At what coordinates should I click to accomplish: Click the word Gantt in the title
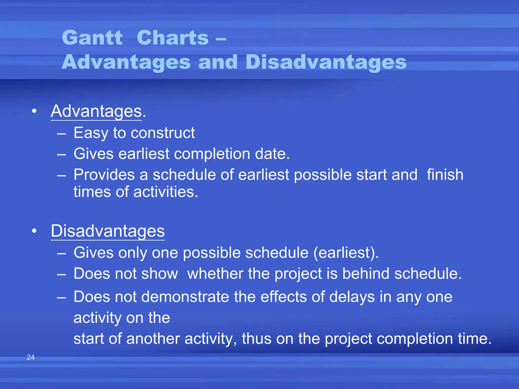[x=92, y=38]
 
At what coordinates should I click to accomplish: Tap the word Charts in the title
[x=173, y=38]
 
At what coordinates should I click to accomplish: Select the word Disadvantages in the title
[x=326, y=62]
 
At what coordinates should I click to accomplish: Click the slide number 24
[x=31, y=357]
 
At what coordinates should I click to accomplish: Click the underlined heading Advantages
[x=96, y=111]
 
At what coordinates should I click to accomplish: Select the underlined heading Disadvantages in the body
[x=108, y=231]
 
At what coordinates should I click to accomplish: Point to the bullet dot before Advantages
[x=34, y=111]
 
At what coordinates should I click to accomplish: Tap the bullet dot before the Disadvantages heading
[x=34, y=231]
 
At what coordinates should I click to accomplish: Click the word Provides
[x=104, y=175]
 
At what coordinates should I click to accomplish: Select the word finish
[x=445, y=175]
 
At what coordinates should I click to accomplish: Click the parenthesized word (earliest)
[x=346, y=253]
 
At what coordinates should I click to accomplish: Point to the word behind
[x=366, y=274]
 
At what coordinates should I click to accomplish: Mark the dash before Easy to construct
[x=62, y=133]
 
